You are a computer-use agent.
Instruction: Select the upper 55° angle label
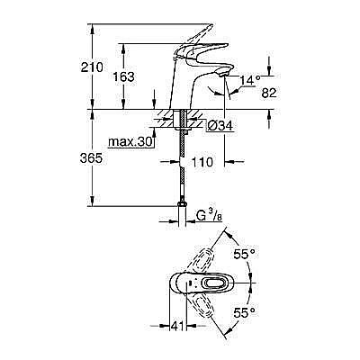[x=245, y=255]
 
